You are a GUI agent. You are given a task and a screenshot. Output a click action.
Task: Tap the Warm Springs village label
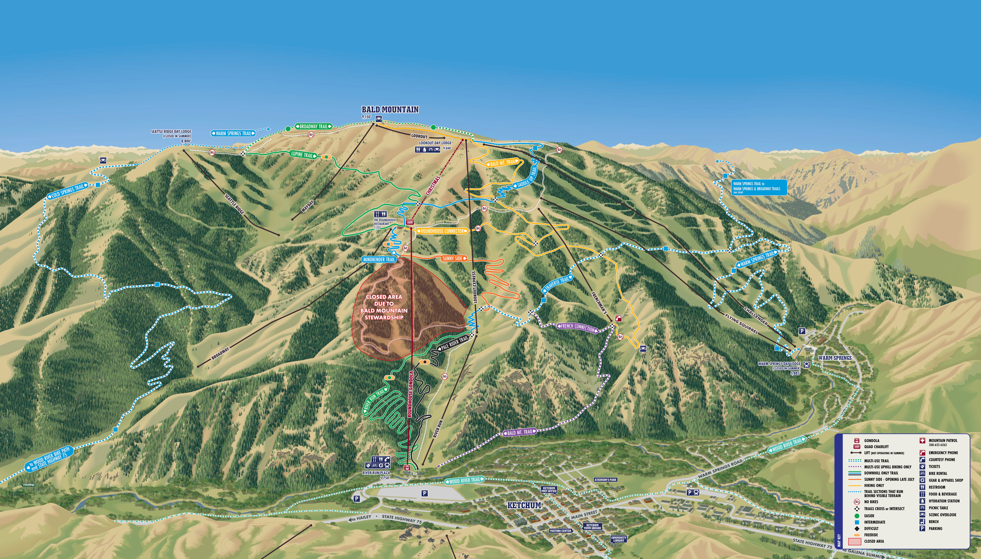835,358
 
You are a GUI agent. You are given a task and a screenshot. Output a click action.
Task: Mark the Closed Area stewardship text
384,307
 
